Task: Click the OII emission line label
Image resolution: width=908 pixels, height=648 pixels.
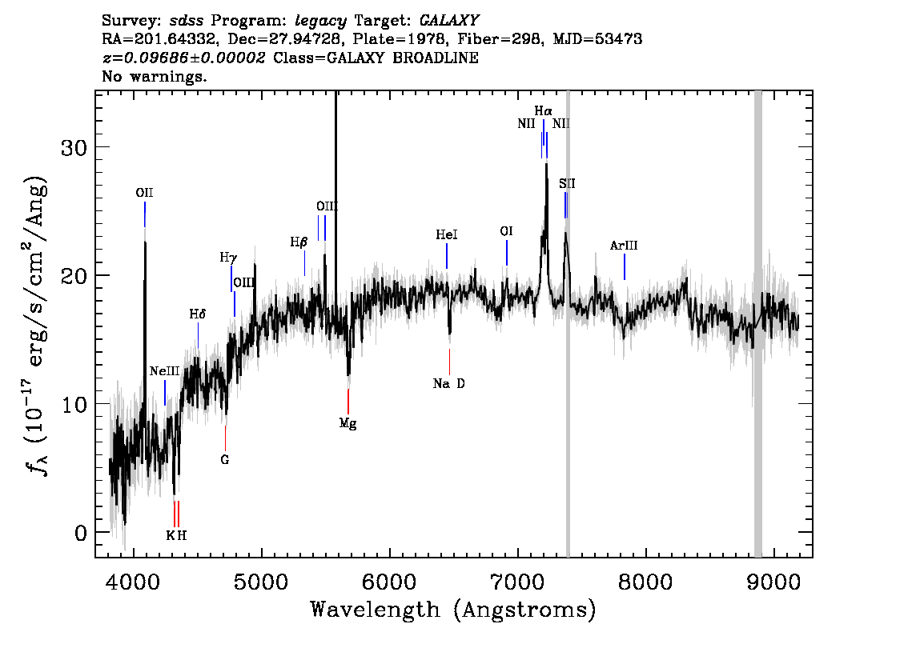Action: pos(144,193)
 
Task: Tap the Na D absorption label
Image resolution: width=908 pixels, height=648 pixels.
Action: pos(448,383)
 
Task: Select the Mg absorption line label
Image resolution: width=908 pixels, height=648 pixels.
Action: pos(348,423)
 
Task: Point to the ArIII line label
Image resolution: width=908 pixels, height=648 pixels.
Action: pos(624,246)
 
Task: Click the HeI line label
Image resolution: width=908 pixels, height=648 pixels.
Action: pos(447,234)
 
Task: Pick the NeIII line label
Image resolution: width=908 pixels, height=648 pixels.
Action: pos(164,371)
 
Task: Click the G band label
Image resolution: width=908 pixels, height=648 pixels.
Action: pos(225,460)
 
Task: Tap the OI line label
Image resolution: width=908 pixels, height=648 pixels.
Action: pos(506,231)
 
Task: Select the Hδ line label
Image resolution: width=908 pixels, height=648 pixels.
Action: pos(198,314)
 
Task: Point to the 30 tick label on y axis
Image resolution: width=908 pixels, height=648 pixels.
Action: pos(74,147)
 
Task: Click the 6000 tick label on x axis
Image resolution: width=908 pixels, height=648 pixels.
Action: pos(390,582)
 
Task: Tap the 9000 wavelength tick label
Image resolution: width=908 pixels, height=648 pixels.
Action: pos(773,582)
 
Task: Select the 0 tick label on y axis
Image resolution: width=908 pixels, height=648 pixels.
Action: pos(81,532)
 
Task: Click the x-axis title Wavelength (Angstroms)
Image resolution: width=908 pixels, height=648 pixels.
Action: pos(453,610)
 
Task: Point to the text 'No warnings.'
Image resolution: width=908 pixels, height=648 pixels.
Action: pos(154,76)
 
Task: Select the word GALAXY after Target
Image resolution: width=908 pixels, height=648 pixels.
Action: pos(448,21)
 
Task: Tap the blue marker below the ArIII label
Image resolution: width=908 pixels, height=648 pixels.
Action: pos(625,266)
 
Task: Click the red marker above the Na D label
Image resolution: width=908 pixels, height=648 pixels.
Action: pos(449,362)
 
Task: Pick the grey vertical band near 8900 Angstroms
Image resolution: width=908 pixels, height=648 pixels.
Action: pos(757,324)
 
